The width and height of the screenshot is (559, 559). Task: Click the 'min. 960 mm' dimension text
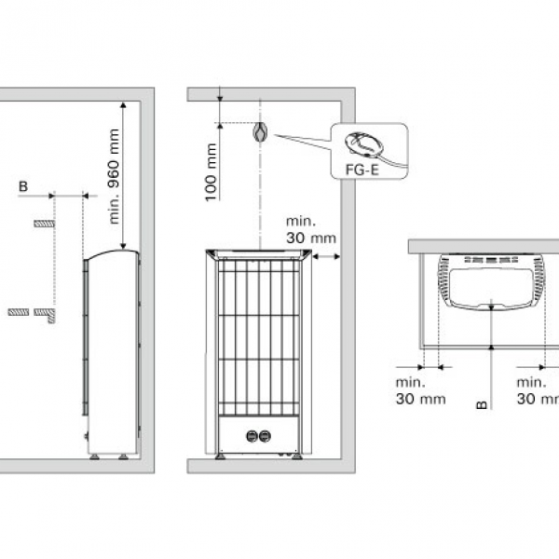pyautogui.click(x=114, y=176)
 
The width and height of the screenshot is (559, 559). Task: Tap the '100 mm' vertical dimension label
pyautogui.click(x=211, y=172)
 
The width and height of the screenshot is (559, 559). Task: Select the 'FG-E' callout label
pyautogui.click(x=361, y=170)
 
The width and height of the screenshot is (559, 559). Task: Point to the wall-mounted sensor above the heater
pyautogui.click(x=260, y=131)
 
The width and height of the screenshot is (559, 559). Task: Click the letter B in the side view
pyautogui.click(x=23, y=186)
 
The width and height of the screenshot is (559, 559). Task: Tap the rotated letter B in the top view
pyautogui.click(x=482, y=404)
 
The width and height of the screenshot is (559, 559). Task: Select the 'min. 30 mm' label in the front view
pyautogui.click(x=311, y=229)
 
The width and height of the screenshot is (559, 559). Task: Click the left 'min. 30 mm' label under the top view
pyautogui.click(x=421, y=390)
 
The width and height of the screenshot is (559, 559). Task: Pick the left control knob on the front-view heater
pyautogui.click(x=252, y=436)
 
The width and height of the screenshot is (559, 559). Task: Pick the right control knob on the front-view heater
pyautogui.click(x=265, y=436)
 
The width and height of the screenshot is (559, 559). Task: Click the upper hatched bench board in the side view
pyautogui.click(x=44, y=224)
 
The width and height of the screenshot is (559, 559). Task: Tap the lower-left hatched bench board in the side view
pyautogui.click(x=19, y=312)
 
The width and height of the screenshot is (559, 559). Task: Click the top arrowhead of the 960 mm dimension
pyautogui.click(x=123, y=104)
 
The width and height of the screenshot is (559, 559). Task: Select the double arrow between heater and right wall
pyautogui.click(x=326, y=256)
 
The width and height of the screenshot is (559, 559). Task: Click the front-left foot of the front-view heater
pyautogui.click(x=220, y=457)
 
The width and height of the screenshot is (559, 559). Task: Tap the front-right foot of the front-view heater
pyautogui.click(x=296, y=457)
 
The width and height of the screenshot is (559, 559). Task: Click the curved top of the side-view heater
pyautogui.click(x=111, y=252)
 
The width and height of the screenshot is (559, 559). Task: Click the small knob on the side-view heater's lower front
pyautogui.click(x=86, y=436)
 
